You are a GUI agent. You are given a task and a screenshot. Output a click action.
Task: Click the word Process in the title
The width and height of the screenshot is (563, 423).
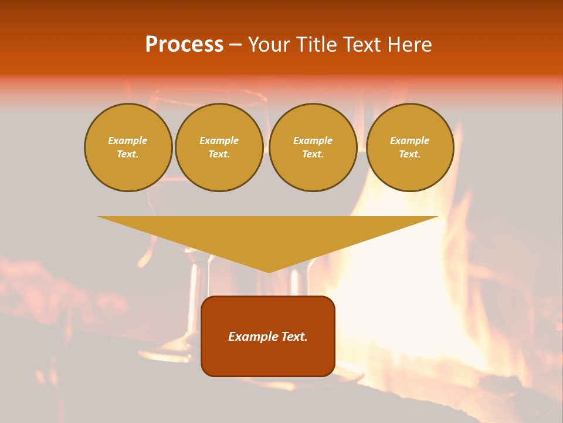(x=184, y=45)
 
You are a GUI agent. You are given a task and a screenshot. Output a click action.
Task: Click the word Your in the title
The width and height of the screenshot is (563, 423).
(x=269, y=45)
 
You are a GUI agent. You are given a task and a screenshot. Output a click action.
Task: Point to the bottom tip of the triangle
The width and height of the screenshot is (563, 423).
(x=268, y=271)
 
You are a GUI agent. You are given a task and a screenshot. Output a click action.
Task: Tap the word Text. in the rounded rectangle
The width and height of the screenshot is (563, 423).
(x=293, y=337)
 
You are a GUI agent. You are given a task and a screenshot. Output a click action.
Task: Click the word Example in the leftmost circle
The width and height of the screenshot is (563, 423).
(x=128, y=140)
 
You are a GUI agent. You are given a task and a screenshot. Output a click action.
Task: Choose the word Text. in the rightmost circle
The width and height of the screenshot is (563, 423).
(x=409, y=154)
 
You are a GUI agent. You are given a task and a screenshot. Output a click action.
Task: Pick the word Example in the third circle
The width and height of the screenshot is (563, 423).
(x=313, y=140)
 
